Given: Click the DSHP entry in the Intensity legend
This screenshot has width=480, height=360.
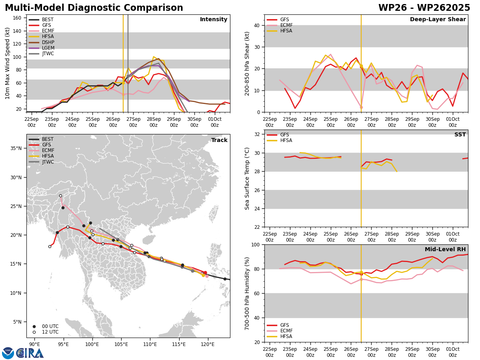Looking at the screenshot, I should click(x=48, y=42).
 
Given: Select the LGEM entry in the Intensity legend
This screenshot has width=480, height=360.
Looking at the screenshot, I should click(x=48, y=48).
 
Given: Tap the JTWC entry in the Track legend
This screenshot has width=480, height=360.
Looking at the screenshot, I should click(x=48, y=162).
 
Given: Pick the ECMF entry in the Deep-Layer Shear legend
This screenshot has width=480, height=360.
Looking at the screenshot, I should click(x=286, y=25).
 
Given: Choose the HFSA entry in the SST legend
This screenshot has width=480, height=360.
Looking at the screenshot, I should click(x=286, y=140).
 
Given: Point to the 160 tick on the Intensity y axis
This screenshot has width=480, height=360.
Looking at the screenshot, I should click(x=18, y=18).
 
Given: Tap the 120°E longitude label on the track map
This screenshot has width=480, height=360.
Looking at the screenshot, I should click(x=208, y=344).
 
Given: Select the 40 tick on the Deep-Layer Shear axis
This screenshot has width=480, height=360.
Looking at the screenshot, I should click(x=256, y=26).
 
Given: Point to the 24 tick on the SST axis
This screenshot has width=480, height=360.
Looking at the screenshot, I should click(x=256, y=209).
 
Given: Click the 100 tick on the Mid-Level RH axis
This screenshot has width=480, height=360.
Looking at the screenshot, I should click(x=255, y=244).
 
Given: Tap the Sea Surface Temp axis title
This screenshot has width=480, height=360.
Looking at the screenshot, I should click(x=247, y=178).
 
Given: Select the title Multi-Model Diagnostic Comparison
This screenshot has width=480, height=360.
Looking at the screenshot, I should click(x=94, y=8).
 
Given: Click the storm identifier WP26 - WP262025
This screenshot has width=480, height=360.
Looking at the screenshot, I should click(x=424, y=8).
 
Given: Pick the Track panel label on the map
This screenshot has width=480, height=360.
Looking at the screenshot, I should click(x=219, y=140).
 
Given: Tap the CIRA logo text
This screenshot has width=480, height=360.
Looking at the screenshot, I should click(x=30, y=353).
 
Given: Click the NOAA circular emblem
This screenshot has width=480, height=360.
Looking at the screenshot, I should click(x=8, y=353).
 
